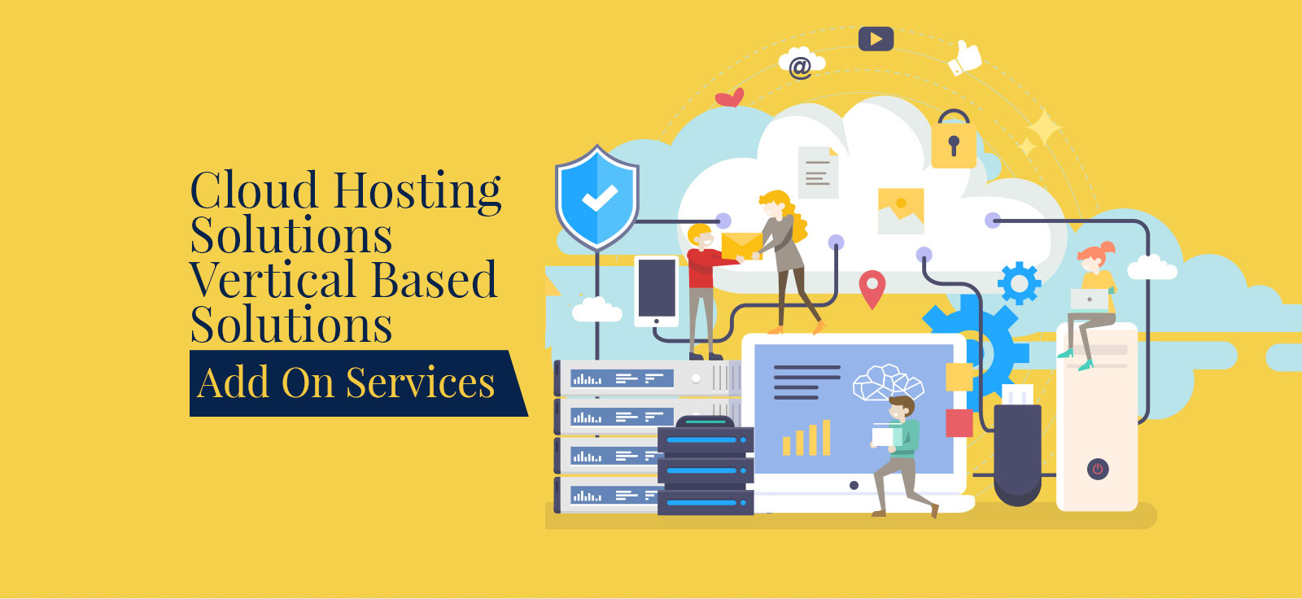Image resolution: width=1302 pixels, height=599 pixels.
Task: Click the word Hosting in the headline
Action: click(417, 191)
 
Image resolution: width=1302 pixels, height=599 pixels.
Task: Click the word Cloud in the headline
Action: click(253, 191)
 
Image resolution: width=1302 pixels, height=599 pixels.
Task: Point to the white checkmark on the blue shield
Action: click(599, 198)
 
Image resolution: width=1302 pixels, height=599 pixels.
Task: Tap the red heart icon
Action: click(730, 98)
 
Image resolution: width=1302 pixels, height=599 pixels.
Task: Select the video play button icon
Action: click(876, 39)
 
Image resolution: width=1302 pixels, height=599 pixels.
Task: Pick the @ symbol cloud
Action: click(801, 64)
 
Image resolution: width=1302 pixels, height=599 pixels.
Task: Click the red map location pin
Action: click(872, 289)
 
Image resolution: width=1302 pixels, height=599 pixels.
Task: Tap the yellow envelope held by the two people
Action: click(741, 245)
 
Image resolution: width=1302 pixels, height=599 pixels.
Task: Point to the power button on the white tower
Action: click(1098, 469)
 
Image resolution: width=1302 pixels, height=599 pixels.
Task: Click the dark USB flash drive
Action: click(1017, 448)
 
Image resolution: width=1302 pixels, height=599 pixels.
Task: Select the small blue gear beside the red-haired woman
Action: click(1019, 283)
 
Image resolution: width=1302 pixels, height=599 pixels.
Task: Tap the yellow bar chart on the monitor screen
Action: click(806, 438)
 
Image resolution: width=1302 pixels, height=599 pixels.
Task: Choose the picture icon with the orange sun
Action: click(901, 209)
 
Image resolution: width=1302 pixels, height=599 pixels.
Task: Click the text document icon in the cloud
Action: click(818, 173)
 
